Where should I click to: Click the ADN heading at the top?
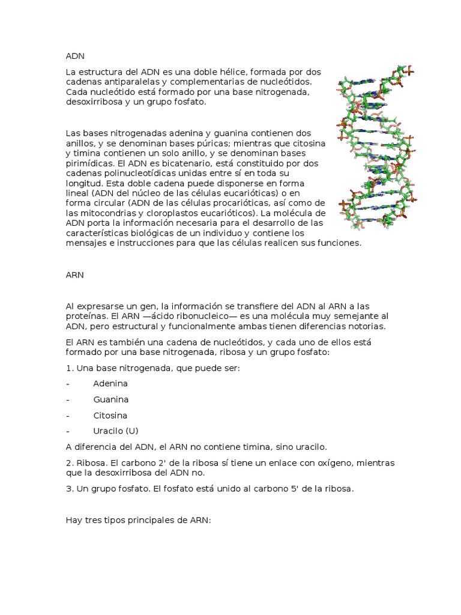click(75, 56)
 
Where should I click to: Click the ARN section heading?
click(74, 274)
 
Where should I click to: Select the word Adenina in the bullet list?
click(110, 383)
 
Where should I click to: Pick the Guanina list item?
click(111, 399)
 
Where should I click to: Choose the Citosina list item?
click(110, 415)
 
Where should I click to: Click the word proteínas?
click(86, 315)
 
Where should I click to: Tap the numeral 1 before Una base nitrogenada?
click(68, 368)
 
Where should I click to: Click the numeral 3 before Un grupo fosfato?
click(68, 489)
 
